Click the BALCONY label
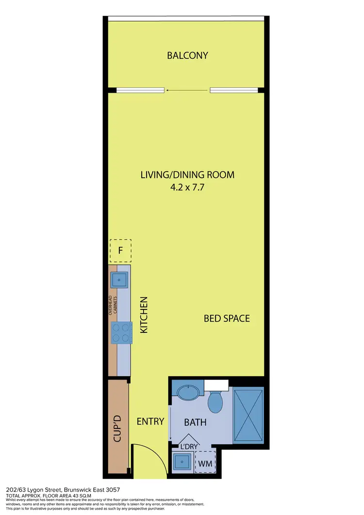(187, 55)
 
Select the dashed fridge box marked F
(120, 251)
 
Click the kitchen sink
(119, 279)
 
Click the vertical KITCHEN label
(144, 315)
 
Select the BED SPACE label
(227, 319)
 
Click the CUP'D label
(117, 428)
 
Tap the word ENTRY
(150, 421)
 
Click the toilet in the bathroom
(215, 399)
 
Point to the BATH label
(195, 423)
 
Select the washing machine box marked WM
(206, 464)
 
